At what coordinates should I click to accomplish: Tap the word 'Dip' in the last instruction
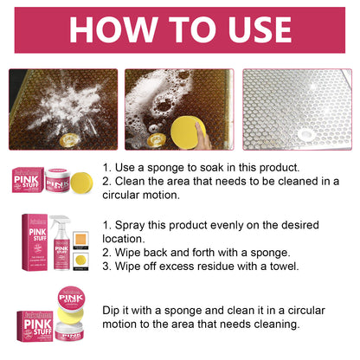tap(112, 310)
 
